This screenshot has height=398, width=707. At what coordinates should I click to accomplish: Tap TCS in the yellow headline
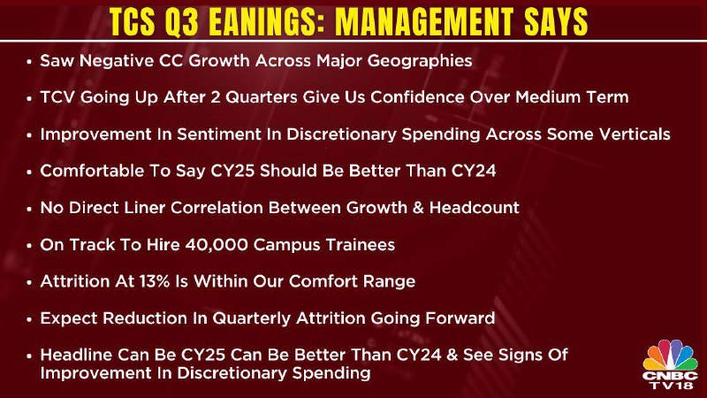click(x=132, y=21)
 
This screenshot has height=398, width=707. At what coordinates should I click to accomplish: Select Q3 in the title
click(x=182, y=21)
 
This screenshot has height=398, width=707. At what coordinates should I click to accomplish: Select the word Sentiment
click(x=218, y=134)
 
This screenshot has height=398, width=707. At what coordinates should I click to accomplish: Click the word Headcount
click(x=474, y=208)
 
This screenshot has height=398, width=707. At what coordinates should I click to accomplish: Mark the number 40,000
click(x=216, y=245)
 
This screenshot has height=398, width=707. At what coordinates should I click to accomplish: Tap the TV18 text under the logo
click(x=671, y=386)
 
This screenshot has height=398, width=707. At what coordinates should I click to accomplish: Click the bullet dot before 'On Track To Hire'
click(x=29, y=246)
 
